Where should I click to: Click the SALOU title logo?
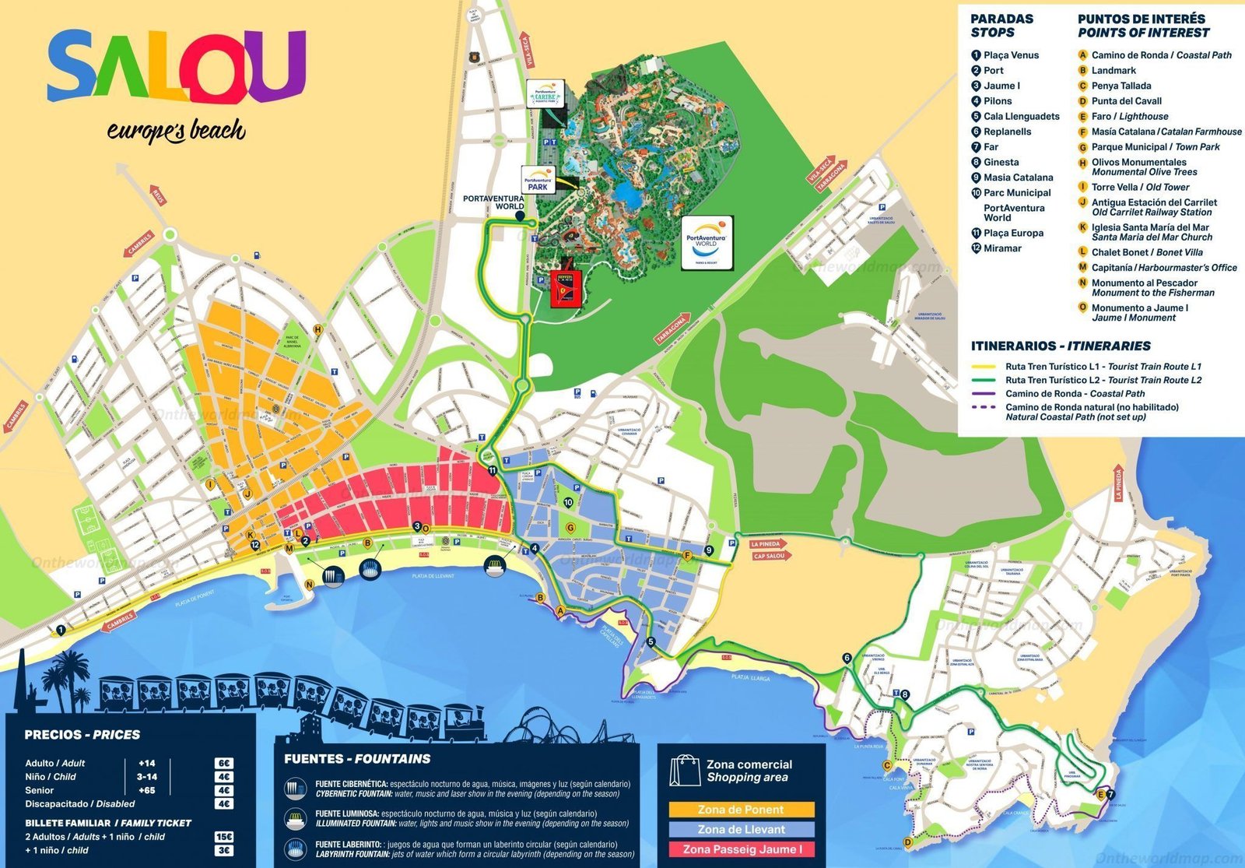coord(177,66)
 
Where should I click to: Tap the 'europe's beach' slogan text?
coord(176,131)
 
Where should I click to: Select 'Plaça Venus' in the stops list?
coord(1010,55)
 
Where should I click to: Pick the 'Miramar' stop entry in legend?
coord(1001,248)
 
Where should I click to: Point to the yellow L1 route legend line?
coord(984,366)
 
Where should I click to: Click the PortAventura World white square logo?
coord(707,242)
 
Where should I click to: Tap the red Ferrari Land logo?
coord(566,288)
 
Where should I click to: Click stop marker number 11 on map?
coord(492,470)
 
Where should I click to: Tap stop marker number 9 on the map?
coord(708,550)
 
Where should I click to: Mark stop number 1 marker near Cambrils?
coord(61,629)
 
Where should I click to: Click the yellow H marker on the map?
coord(317,330)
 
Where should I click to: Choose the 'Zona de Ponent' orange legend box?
coord(741,810)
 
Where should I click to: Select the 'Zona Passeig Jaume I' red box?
coord(741,849)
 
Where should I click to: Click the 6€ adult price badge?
coord(224,764)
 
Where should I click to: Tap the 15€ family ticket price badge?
coord(224,837)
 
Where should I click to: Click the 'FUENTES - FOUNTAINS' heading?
coord(357,759)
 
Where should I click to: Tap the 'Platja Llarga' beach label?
coord(750,679)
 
